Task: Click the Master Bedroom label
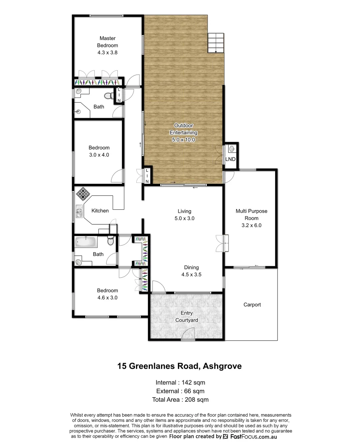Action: click(108, 45)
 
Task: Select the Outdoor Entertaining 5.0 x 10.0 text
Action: click(183, 133)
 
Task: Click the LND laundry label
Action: click(230, 159)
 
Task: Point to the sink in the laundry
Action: click(232, 149)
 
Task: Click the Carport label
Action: click(252, 305)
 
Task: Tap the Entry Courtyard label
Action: click(187, 316)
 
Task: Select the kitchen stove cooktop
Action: click(82, 193)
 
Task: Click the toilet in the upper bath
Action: click(108, 96)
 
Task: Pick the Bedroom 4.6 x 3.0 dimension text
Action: click(108, 297)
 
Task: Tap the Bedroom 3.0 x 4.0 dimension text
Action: click(99, 155)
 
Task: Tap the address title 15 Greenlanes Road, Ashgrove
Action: click(180, 365)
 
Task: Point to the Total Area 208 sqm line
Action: click(180, 400)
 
